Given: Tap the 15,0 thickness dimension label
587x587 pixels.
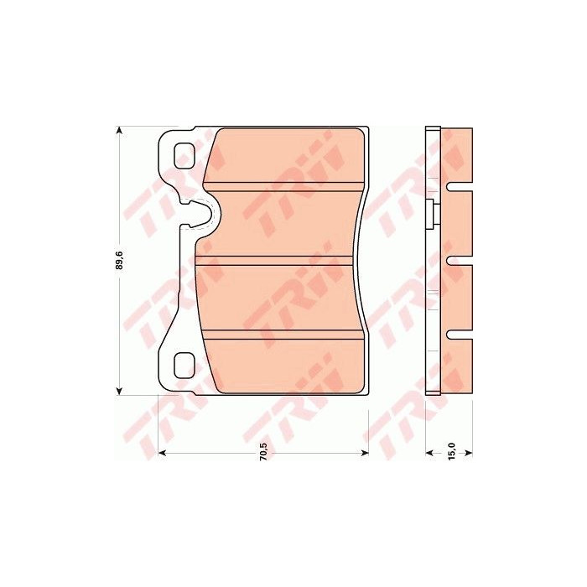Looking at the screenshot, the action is click(x=451, y=451).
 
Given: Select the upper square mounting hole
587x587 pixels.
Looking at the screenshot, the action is click(x=184, y=156).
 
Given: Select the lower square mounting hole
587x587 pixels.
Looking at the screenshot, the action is click(x=184, y=366).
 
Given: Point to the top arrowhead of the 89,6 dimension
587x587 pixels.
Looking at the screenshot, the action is click(x=119, y=130).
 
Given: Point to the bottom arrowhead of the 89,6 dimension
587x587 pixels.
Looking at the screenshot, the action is click(x=119, y=392).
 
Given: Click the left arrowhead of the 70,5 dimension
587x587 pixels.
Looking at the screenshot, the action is click(x=162, y=453).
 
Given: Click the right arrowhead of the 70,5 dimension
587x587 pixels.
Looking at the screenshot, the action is click(x=365, y=453).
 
